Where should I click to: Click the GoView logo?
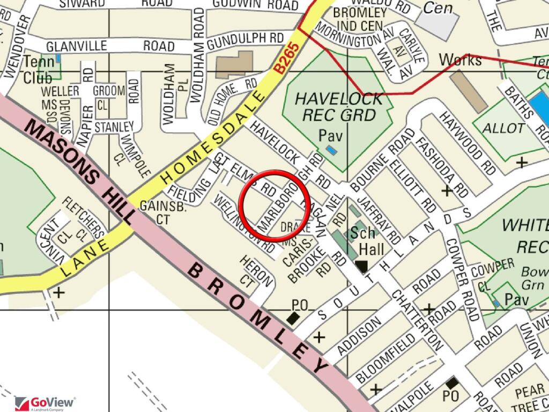pos(45,403)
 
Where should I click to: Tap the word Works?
pos(461,60)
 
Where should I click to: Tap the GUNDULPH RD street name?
pos(245,39)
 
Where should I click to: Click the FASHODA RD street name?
pos(442,167)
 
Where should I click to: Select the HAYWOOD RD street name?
pos(467,143)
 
